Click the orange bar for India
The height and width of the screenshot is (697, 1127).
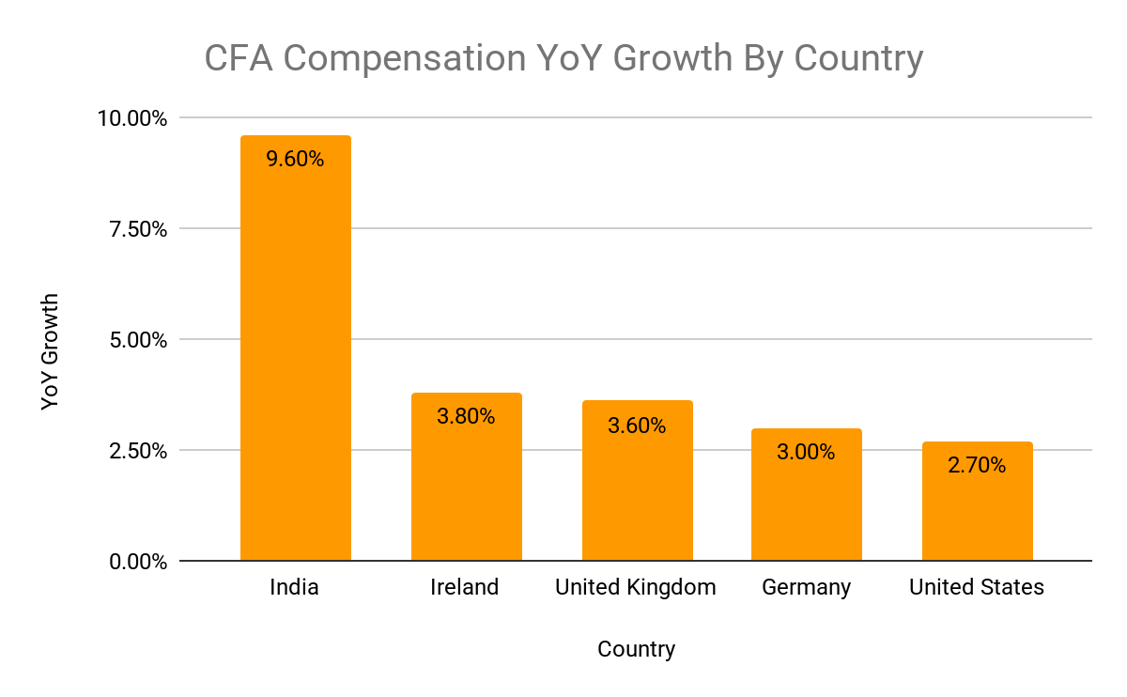coord(295,357)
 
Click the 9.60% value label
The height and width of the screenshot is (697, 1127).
coord(295,160)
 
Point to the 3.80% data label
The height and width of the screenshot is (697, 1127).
coord(466,416)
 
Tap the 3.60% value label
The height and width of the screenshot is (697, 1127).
coord(637,426)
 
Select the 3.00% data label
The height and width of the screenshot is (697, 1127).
coord(806,452)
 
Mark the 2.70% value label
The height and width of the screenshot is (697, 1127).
coord(977,465)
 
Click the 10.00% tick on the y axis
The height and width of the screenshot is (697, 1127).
coord(133,118)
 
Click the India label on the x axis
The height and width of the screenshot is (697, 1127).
coord(294,588)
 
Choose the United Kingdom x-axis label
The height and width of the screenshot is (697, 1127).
coord(636,588)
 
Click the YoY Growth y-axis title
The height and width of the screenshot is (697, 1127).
coord(51,351)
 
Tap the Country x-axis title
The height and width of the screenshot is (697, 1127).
coord(636,649)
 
